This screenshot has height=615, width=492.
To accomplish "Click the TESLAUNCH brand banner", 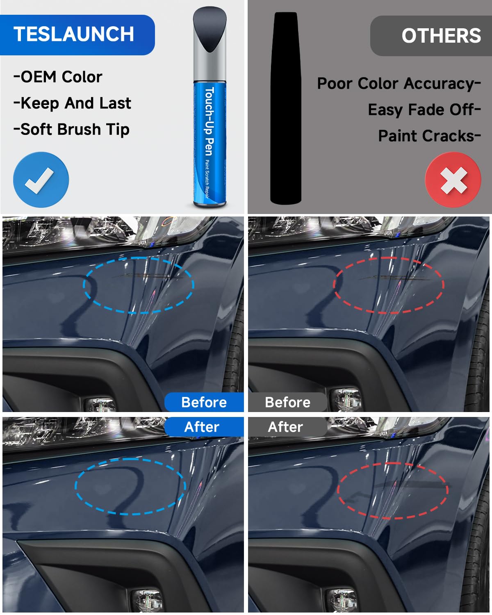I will (76, 34).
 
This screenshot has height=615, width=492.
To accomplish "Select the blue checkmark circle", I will (41, 180).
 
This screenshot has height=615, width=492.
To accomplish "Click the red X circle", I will (453, 180).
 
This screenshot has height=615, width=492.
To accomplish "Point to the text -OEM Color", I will (58, 77).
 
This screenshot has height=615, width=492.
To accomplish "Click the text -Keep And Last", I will (72, 103).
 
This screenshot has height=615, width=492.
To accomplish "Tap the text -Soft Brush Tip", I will (71, 130).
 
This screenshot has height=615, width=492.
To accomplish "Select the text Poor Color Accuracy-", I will (399, 84).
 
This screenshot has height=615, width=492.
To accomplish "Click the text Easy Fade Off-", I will (424, 110).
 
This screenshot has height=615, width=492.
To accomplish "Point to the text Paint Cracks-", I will (429, 136).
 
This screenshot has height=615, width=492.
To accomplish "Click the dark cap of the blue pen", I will (210, 29).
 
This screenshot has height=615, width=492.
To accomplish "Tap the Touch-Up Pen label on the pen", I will (209, 121).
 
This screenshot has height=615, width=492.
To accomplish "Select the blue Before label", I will (204, 402).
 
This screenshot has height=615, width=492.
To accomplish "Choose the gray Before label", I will (287, 402).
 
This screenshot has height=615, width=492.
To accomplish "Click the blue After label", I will (202, 427).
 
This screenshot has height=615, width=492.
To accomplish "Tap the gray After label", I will (285, 427).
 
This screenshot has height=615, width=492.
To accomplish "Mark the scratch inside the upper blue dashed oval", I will (148, 276).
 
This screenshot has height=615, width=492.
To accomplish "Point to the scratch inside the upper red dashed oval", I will (394, 278).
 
